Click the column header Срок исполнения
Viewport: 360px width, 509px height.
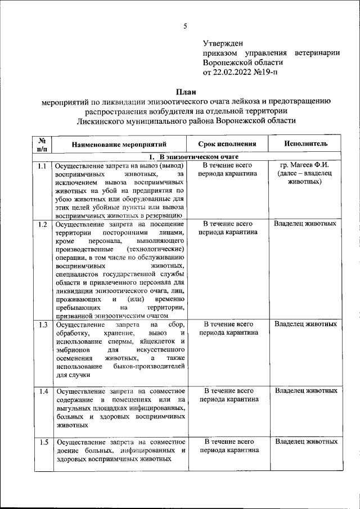pyautogui.click(x=229, y=144)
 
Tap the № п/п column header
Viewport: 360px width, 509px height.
pyautogui.click(x=42, y=144)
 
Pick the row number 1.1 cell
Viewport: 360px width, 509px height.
pyautogui.click(x=42, y=166)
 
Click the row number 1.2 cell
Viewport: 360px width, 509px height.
pyautogui.click(x=42, y=224)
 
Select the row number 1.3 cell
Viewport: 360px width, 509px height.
pyautogui.click(x=42, y=325)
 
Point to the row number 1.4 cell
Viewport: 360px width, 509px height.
pyautogui.click(x=42, y=391)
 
